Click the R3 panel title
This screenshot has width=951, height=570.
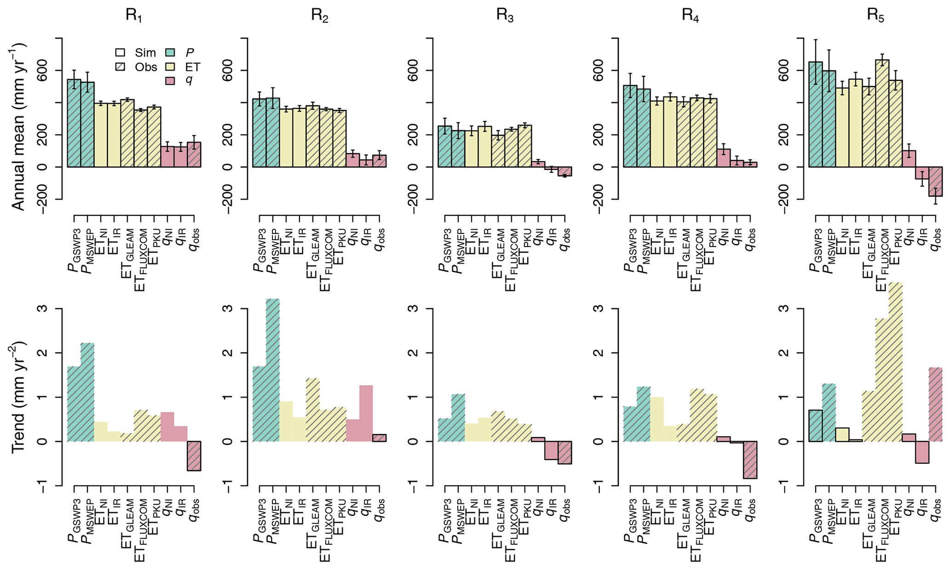coord(505,15)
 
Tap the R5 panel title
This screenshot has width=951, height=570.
coord(875,15)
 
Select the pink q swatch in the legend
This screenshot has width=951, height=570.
coord(170,81)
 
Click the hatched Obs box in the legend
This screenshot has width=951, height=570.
coord(121,67)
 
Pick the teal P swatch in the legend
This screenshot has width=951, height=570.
coord(170,52)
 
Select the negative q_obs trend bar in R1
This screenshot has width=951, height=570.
coord(194,455)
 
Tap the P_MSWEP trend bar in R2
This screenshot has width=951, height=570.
coord(273,370)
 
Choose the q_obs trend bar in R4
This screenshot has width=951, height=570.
coord(750,460)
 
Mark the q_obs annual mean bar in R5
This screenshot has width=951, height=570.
coord(935,181)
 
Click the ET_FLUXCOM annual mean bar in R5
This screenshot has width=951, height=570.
coord(882,113)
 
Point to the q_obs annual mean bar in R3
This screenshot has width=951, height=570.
coord(565,171)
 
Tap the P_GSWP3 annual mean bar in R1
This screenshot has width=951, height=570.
coord(74,123)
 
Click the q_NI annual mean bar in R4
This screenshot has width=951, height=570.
coord(723,158)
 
